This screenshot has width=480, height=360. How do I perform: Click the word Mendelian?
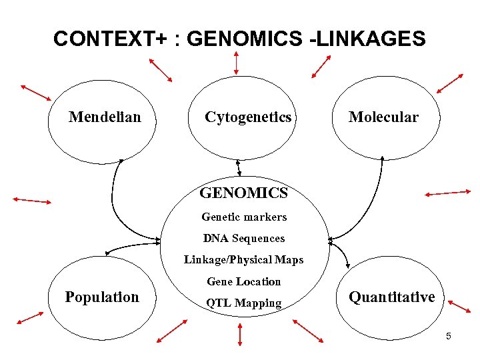tap(105, 117)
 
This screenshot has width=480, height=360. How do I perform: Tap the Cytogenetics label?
tap(248, 117)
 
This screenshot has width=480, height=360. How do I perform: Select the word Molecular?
tap(383, 117)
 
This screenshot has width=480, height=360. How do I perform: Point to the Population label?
tap(102, 297)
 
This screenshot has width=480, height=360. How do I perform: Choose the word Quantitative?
tap(391, 297)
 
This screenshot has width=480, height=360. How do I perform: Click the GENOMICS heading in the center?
tap(244, 193)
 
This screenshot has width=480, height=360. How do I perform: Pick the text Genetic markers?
tap(244, 217)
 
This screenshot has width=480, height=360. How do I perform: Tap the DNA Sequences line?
tap(244, 238)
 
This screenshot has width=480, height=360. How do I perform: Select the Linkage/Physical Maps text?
tap(244, 259)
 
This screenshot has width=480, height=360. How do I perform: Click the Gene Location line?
tap(244, 281)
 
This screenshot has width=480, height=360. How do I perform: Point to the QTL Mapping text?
tap(244, 303)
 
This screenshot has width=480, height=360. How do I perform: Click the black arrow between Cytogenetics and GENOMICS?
tap(239, 168)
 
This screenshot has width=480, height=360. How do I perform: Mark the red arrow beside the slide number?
tap(460, 307)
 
